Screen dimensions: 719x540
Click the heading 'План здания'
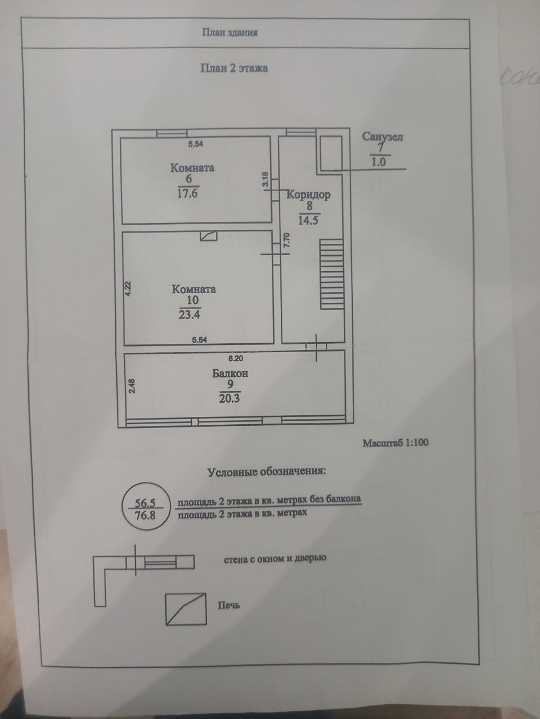229,33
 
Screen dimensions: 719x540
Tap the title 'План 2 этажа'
234,69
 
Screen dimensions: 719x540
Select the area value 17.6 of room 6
188,194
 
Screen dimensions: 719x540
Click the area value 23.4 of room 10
190,315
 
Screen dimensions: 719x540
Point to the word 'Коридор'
308,195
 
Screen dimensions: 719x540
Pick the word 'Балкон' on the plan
230,373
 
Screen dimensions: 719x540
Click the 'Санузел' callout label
382,136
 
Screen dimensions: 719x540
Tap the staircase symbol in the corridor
331,275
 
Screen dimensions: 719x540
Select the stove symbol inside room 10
208,236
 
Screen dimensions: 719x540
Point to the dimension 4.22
128,288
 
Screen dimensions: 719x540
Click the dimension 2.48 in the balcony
131,388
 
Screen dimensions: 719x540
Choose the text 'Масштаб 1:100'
395,443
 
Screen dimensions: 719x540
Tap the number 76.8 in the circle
145,513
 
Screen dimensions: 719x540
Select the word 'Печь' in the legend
229,606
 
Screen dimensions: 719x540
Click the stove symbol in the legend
185,609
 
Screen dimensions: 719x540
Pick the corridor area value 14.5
308,220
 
